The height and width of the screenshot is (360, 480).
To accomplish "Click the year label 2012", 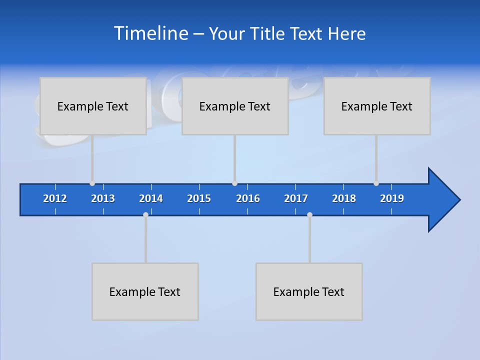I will coord(55,198).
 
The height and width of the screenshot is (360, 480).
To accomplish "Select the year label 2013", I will coord(103,198).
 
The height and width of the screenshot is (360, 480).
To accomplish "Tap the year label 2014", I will coord(151,198).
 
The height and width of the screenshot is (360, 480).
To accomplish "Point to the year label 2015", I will coord(199,198).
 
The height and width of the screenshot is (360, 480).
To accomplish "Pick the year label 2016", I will coord(248,198).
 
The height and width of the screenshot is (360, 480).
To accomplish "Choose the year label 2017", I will coord(296,198).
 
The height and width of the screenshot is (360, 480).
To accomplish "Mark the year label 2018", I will coord(344,198).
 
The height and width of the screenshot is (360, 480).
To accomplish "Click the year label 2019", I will coord(392,198).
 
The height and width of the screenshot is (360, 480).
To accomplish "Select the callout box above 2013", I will coord(93,106).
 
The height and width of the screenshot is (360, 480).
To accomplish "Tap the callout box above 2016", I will coord(235,106).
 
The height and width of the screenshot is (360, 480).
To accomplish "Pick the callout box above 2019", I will coord(377,106).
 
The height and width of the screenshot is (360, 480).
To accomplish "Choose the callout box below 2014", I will coord(145,291).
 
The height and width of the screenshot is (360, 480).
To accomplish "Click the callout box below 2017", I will coord(309,291).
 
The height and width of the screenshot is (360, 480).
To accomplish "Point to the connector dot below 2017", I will coord(309,214).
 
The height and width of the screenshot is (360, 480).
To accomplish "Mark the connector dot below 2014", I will coord(145,214).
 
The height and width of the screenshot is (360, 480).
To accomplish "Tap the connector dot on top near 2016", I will coord(234,183).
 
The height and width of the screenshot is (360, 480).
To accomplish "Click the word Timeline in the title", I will coord(149,33).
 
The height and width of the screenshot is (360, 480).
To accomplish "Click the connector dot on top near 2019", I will coord(376,183).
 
